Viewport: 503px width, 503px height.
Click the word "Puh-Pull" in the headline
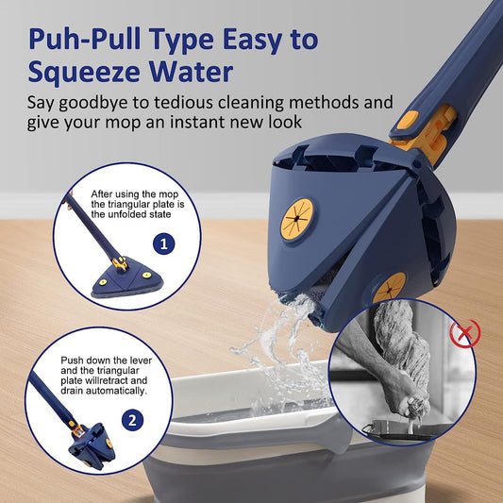coord(85,39)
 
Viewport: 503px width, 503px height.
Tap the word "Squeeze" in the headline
coord(84,72)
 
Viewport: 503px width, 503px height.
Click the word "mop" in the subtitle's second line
coord(124,123)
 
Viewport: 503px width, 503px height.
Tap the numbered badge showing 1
coord(164,243)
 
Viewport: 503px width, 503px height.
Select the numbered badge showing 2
coord(132,420)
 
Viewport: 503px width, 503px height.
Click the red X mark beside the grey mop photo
coord(465,333)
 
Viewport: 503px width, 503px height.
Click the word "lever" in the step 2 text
coord(141,360)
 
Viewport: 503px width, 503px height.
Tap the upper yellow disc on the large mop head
coord(296,220)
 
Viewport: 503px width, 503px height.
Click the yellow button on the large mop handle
coord(408,120)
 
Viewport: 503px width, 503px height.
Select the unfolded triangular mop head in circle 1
coord(127,277)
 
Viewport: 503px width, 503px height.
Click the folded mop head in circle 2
coord(92,446)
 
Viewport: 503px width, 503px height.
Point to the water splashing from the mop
coord(282,346)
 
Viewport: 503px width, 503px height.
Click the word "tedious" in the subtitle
coord(181,103)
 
